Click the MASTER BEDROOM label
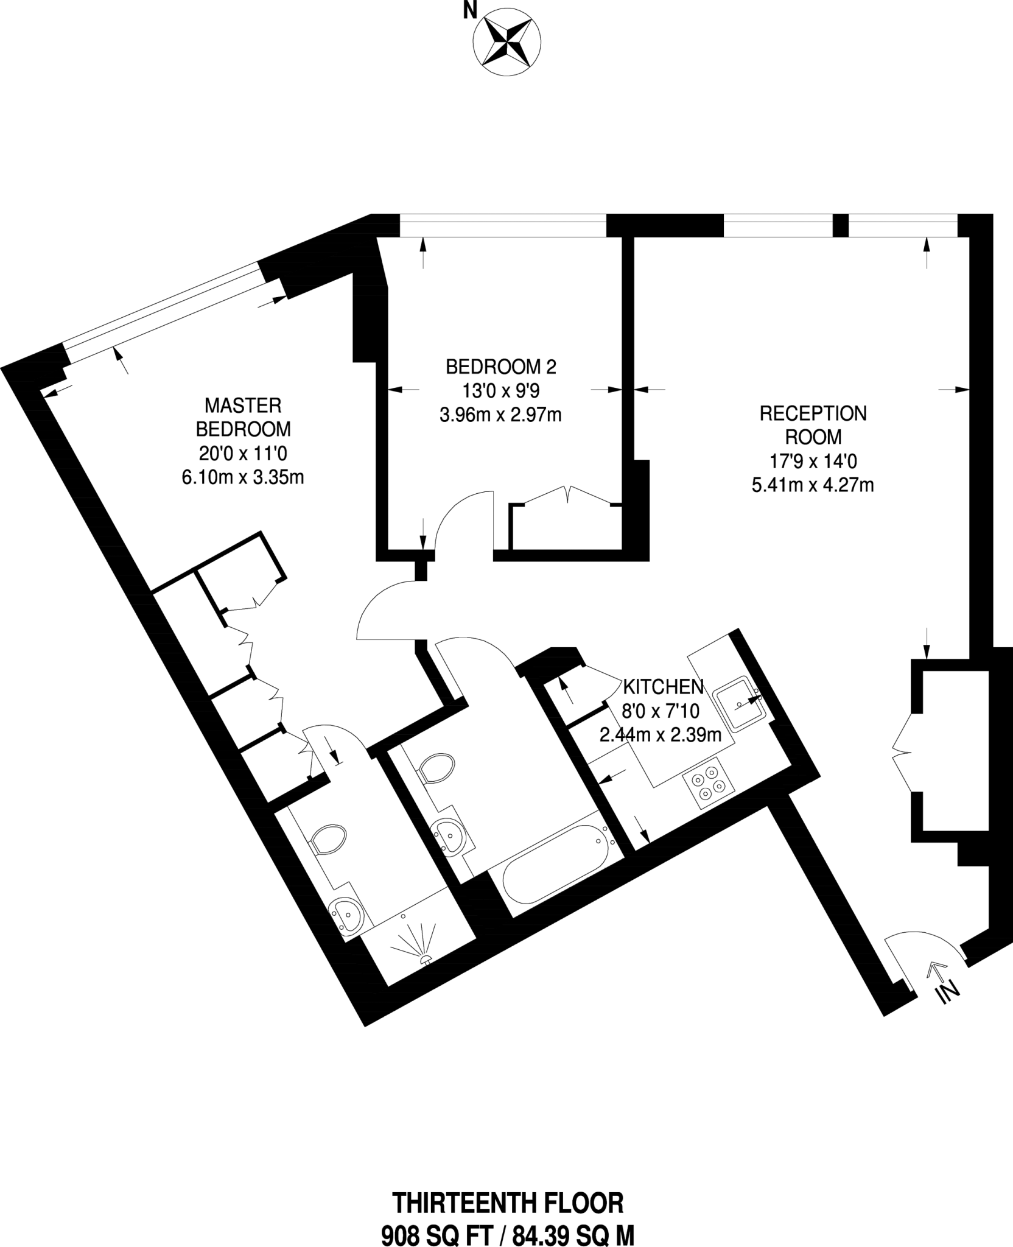[243, 417]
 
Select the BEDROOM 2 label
[501, 367]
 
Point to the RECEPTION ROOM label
[813, 425]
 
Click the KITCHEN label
[663, 687]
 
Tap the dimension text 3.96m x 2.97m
[500, 415]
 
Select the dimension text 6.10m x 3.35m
[243, 478]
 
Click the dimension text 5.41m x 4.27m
[813, 485]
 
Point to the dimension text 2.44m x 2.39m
[661, 735]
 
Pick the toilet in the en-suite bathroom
[327, 841]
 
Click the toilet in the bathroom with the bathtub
[436, 768]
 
